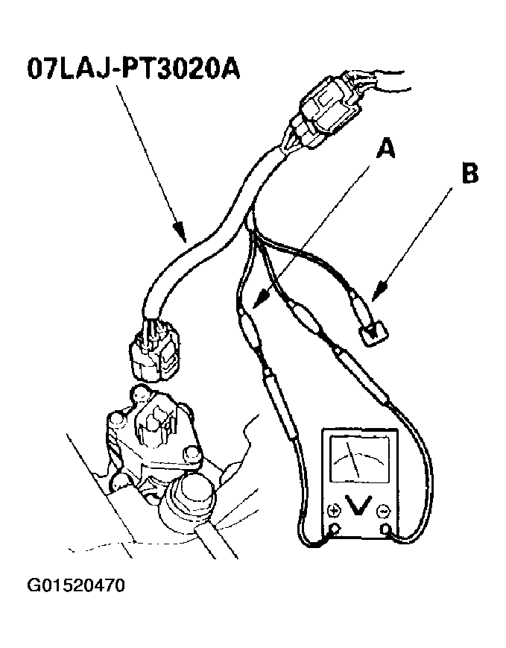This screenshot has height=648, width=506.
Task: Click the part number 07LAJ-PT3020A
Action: pyautogui.click(x=133, y=68)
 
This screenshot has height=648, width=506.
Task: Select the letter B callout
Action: pyautogui.click(x=469, y=174)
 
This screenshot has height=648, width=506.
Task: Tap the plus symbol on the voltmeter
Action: pyautogui.click(x=334, y=511)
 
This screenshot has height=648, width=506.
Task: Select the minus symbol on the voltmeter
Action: pyautogui.click(x=384, y=512)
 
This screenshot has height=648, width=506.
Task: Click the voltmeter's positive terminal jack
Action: pyautogui.click(x=335, y=528)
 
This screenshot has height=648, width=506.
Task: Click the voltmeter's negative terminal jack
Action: pyautogui.click(x=385, y=529)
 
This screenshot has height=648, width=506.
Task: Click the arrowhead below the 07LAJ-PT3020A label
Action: pyautogui.click(x=180, y=233)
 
